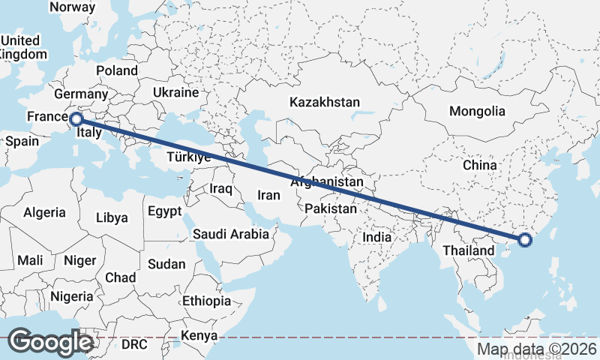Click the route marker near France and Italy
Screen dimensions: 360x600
tap(76, 118)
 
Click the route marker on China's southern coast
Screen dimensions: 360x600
tap(525, 240)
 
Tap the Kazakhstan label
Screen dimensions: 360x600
tap(325, 102)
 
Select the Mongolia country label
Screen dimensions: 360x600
tap(477, 111)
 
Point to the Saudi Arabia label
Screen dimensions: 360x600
tap(230, 234)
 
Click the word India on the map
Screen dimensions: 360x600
tap(377, 237)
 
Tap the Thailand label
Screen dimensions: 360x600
tap(469, 250)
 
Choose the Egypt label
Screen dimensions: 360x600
tap(164, 211)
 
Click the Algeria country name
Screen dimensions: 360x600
tap(44, 212)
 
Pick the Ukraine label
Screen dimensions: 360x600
tap(175, 92)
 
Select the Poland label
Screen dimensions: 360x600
tap(116, 70)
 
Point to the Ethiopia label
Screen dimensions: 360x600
tap(206, 301)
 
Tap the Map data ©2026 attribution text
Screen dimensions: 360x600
tap(537, 349)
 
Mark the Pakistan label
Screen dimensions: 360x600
tap(331, 208)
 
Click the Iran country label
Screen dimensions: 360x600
tap(268, 195)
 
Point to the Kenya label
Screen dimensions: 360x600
tap(199, 335)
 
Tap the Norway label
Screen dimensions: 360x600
tap(72, 7)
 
